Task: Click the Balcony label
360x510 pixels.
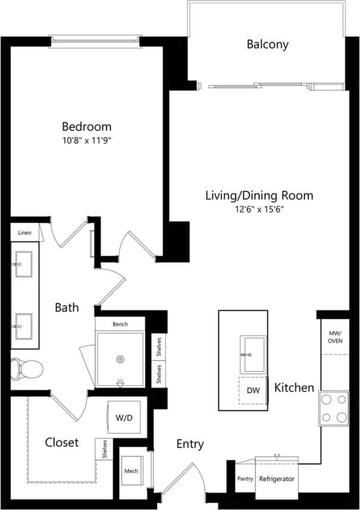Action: [x=268, y=44]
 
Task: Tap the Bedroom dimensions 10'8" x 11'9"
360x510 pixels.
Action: [x=87, y=141]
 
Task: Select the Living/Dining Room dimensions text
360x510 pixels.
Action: [x=259, y=209]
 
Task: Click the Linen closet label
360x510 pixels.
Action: [x=24, y=232]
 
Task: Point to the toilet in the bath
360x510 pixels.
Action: [x=28, y=369]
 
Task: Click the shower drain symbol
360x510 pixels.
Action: [x=120, y=360]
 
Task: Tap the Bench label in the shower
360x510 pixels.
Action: [x=120, y=324]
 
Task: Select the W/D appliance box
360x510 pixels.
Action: [x=124, y=418]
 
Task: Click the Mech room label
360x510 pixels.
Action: [x=131, y=471]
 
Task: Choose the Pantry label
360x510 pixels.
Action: [x=245, y=478]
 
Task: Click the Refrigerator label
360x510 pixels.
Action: [x=277, y=478]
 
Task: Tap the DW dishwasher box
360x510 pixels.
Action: [x=253, y=390]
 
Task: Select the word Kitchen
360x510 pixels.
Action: [x=294, y=388]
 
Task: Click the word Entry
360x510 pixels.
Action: [x=190, y=444]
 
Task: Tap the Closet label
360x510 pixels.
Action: [x=62, y=442]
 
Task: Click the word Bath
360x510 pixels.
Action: [x=67, y=307]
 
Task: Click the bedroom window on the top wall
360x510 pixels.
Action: [x=96, y=41]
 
